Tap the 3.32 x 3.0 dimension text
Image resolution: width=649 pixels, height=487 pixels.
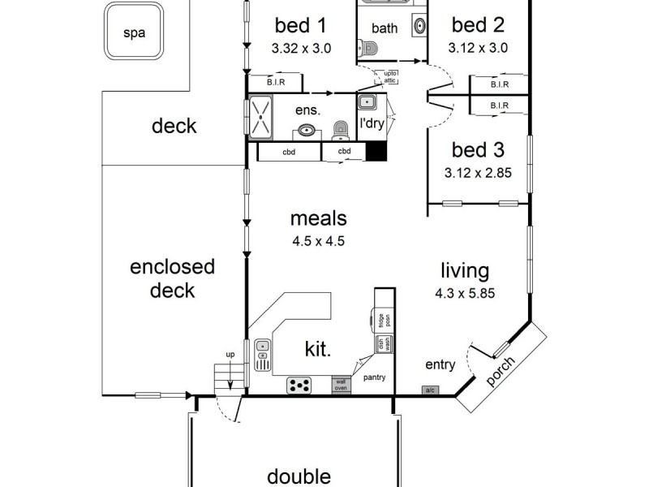[x=302, y=47]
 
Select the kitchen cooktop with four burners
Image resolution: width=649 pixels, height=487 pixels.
[x=300, y=386]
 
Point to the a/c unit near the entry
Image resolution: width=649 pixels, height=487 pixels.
[x=429, y=390]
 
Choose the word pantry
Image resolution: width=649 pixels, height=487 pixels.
[x=374, y=377]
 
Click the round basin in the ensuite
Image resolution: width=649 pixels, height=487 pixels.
[x=307, y=130]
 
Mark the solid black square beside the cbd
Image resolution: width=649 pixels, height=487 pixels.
[x=376, y=152]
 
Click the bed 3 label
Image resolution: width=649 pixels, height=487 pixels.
[x=478, y=149]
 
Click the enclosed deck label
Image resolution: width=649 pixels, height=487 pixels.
[x=172, y=278]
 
